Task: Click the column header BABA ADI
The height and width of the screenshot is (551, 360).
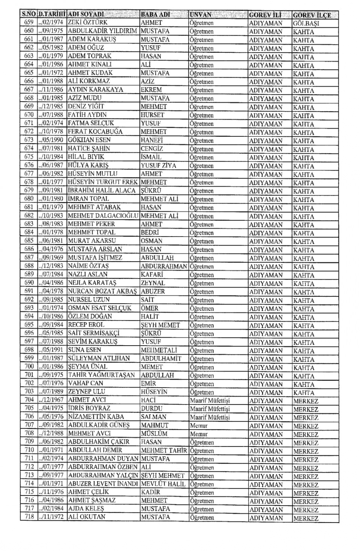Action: coord(155,15)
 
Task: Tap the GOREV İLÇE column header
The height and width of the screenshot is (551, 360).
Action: coord(312,15)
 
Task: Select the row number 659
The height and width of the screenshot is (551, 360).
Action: coord(29,22)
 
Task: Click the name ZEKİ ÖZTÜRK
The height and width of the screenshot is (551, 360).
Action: coord(87,22)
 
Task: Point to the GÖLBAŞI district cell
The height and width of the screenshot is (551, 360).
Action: coord(306,23)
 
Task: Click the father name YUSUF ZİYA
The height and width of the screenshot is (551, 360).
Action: coord(158,165)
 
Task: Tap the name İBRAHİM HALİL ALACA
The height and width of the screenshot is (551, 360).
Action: coord(102,190)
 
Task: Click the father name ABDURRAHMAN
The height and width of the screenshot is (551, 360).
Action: coord(164,266)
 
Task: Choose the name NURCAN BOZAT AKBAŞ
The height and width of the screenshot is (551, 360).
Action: coord(102,291)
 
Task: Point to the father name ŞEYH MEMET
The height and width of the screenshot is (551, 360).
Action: coord(160,325)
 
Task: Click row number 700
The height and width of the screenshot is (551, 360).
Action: coord(29,367)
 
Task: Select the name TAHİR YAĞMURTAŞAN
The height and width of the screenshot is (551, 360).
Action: coord(101,375)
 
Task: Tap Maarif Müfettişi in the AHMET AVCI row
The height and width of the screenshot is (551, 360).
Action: coord(210,400)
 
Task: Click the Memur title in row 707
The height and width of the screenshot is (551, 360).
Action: coord(199,425)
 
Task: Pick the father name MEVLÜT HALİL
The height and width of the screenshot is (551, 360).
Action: coord(163,484)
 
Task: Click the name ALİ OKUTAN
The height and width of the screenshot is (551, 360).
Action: coord(87,517)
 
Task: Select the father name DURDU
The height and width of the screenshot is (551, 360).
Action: coord(151,408)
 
